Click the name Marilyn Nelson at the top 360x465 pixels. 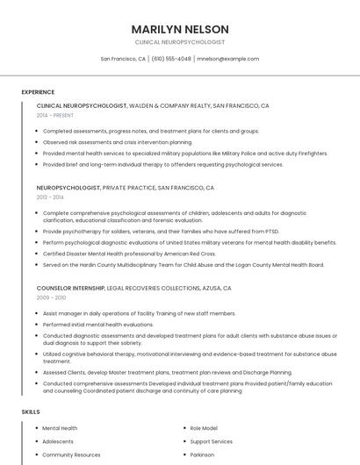(x=180, y=29)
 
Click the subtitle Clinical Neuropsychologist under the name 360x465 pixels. (x=180, y=42)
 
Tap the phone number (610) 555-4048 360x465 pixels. (x=171, y=59)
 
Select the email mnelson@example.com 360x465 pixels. (x=227, y=59)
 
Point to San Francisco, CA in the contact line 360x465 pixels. (x=123, y=59)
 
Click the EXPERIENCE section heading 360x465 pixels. (x=38, y=91)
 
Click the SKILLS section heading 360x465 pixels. (x=31, y=411)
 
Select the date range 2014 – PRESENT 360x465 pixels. (x=55, y=115)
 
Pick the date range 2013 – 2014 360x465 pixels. (x=50, y=197)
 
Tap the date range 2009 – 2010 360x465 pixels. (x=50, y=297)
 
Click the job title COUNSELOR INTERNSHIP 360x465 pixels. (x=70, y=288)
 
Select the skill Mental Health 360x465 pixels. (x=60, y=428)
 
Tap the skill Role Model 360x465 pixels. (x=205, y=428)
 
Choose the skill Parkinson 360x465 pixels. (x=204, y=455)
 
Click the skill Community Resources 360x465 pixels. (x=71, y=455)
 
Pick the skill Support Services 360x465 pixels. (x=212, y=441)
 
